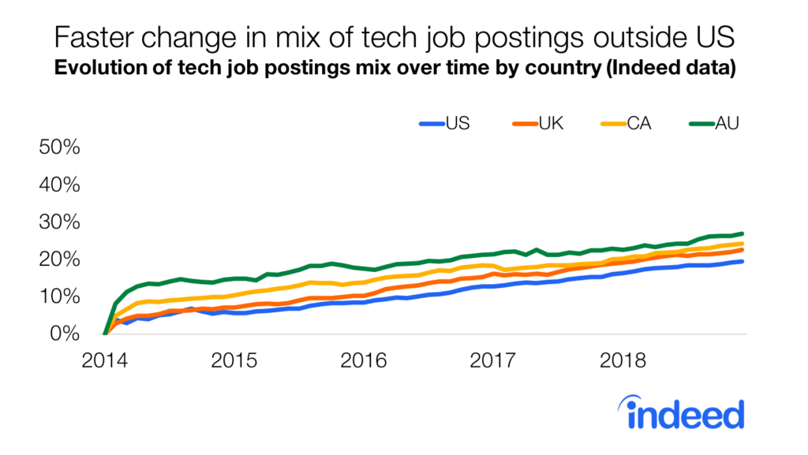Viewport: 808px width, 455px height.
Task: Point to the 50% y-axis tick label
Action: (60, 147)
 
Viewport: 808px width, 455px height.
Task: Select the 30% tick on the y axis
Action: (60, 222)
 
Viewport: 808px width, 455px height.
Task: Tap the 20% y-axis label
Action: (60, 259)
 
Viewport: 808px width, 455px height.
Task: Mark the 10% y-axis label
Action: (60, 296)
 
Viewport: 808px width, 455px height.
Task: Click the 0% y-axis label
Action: (65, 334)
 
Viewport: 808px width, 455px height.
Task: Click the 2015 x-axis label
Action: (234, 360)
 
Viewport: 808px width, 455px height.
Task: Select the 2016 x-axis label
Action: (364, 360)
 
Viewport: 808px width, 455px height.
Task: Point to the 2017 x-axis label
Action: (493, 360)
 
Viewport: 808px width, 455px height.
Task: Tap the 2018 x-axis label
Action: (623, 360)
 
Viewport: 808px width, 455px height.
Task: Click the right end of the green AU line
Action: (742, 233)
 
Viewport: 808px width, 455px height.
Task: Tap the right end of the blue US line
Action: (742, 261)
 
